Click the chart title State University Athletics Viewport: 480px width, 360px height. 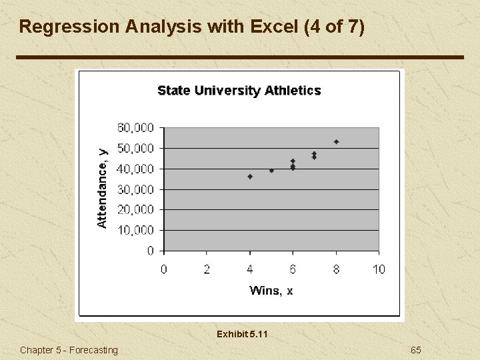[239, 91]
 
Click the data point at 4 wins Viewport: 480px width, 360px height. [250, 177]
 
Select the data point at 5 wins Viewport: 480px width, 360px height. [271, 171]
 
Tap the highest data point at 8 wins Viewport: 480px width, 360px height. [337, 142]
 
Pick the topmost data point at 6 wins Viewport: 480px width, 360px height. [293, 161]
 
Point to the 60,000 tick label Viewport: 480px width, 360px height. [135, 127]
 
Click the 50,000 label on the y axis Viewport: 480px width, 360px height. [135, 148]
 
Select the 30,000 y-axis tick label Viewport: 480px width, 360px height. [135, 189]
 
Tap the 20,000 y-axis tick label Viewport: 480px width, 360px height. [135, 209]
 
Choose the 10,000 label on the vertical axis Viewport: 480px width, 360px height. [135, 230]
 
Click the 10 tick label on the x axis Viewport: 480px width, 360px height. [378, 269]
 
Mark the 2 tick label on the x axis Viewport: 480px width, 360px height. [207, 269]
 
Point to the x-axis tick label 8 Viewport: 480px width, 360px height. [336, 269]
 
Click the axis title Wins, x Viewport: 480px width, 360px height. [271, 290]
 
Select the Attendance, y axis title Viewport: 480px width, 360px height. [103, 189]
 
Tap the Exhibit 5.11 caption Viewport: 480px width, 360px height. [242, 334]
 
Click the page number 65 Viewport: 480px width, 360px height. [416, 350]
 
